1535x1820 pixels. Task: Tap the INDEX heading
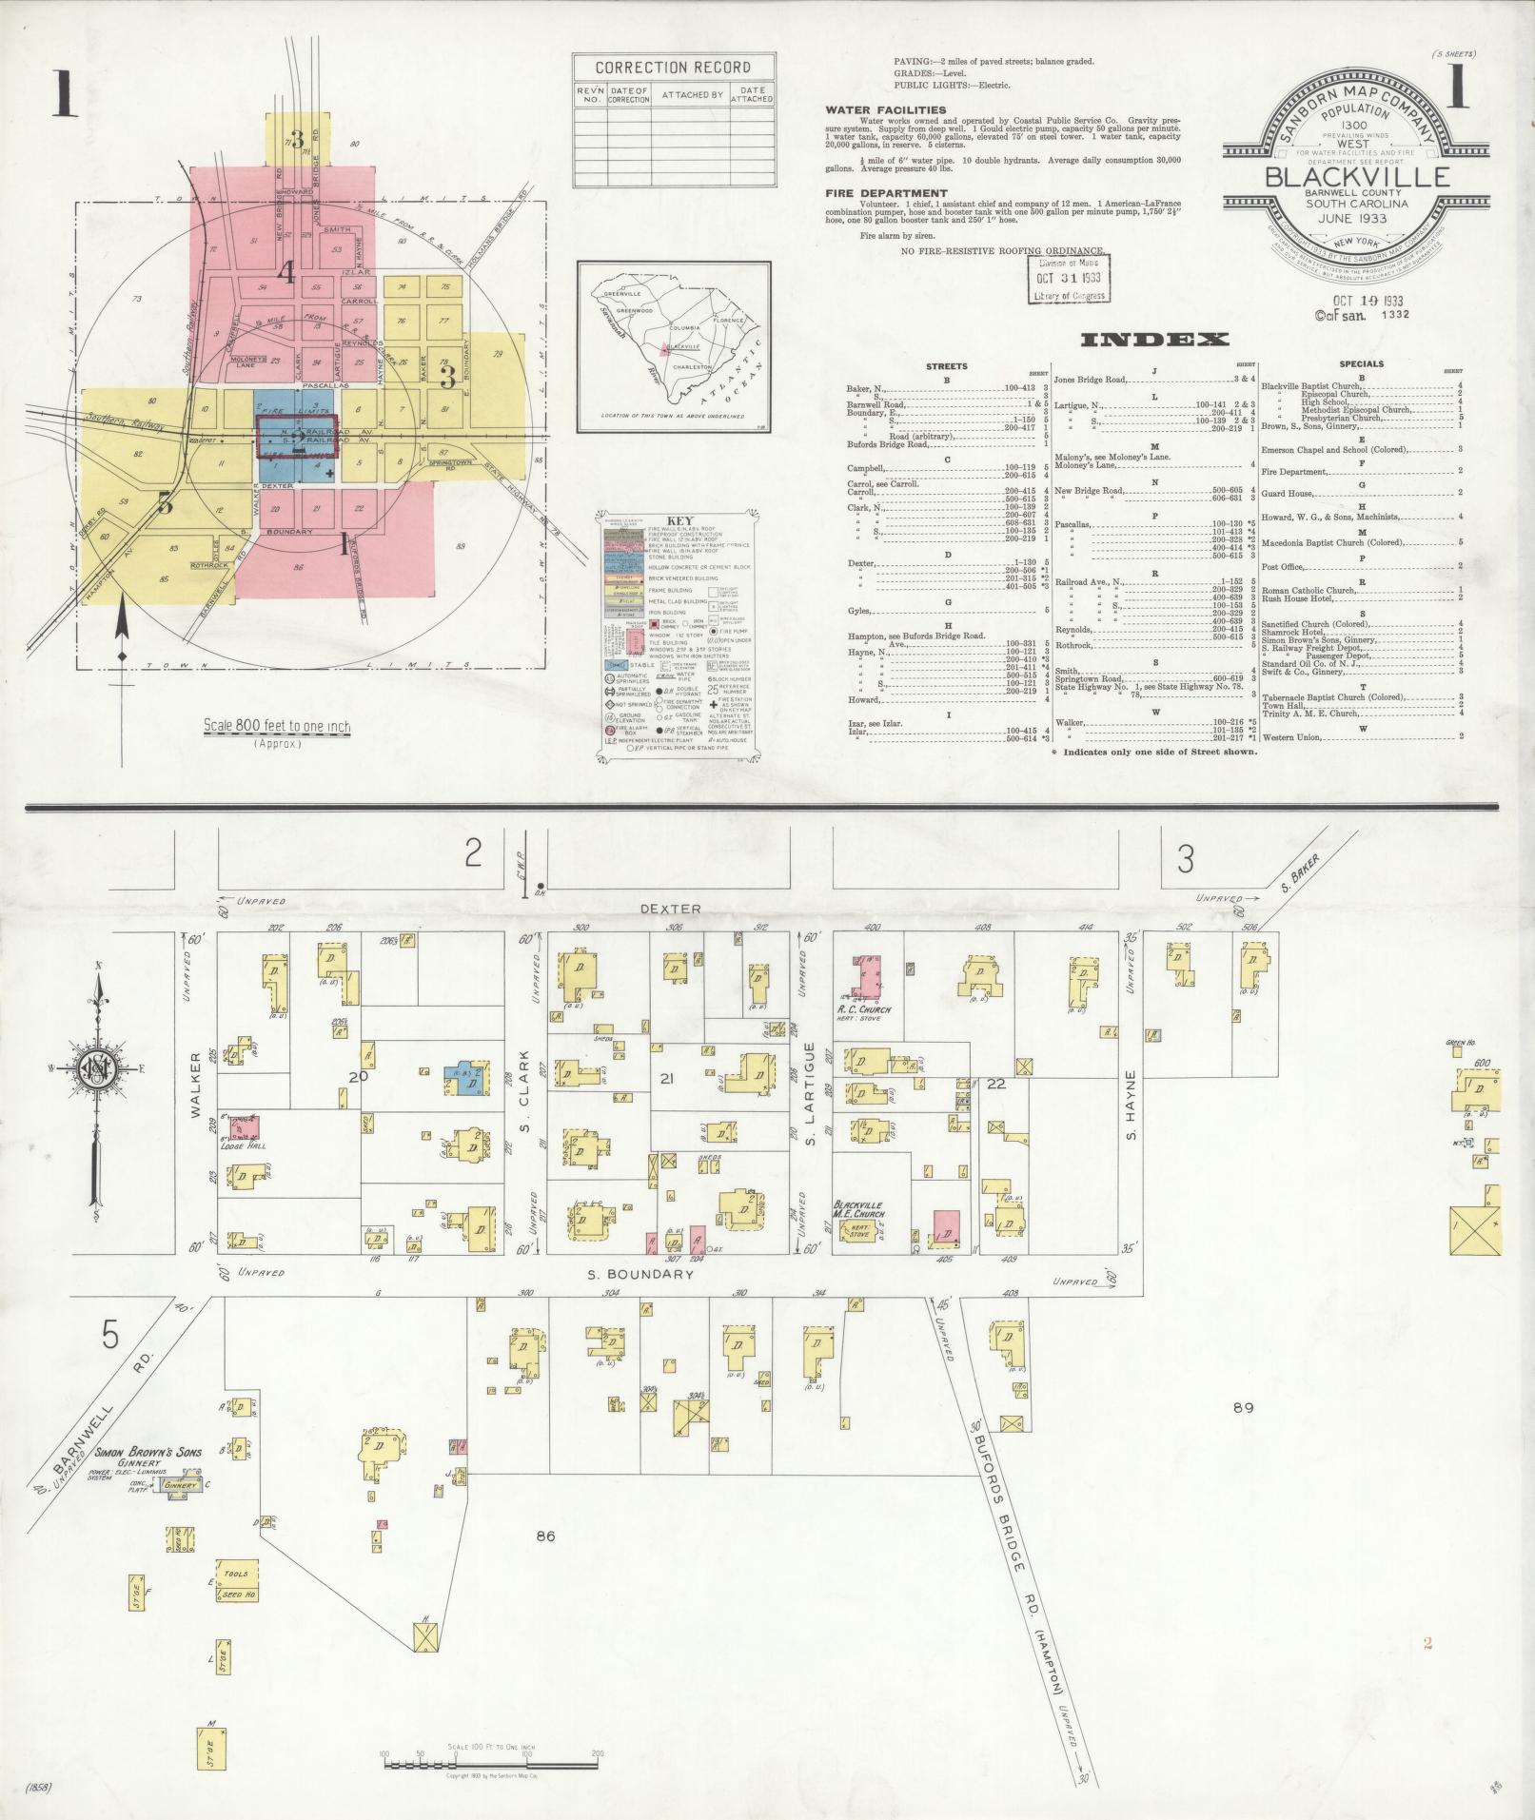click(1154, 339)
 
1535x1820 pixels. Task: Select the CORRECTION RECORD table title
click(672, 68)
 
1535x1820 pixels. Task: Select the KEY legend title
click(679, 521)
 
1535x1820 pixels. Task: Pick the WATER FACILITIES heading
click(885, 110)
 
